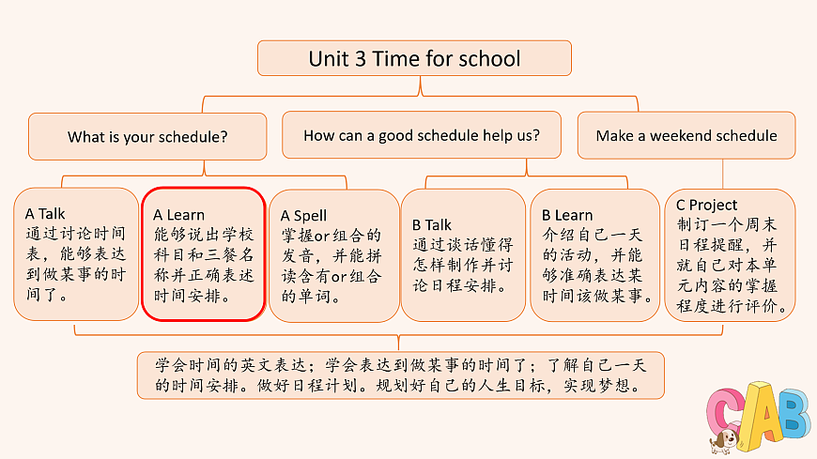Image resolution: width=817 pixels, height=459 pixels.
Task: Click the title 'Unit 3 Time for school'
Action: [413, 59]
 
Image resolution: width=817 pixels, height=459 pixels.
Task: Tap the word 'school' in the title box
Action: [489, 59]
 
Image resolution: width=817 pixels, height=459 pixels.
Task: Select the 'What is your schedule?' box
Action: [147, 136]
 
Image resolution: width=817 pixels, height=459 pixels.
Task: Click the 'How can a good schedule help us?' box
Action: [421, 135]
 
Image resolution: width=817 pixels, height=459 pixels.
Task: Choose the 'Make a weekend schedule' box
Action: [686, 135]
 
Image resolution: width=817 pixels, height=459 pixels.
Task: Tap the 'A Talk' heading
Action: [45, 214]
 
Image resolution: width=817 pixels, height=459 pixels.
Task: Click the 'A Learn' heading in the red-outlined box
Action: [178, 215]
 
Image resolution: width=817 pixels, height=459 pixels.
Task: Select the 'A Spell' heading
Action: [303, 216]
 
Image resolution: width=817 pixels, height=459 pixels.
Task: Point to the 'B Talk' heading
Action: [432, 224]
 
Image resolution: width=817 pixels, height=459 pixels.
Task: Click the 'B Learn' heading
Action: [567, 215]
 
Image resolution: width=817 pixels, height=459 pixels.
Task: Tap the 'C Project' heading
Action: [706, 205]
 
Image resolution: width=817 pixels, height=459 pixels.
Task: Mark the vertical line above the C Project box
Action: [722, 174]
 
